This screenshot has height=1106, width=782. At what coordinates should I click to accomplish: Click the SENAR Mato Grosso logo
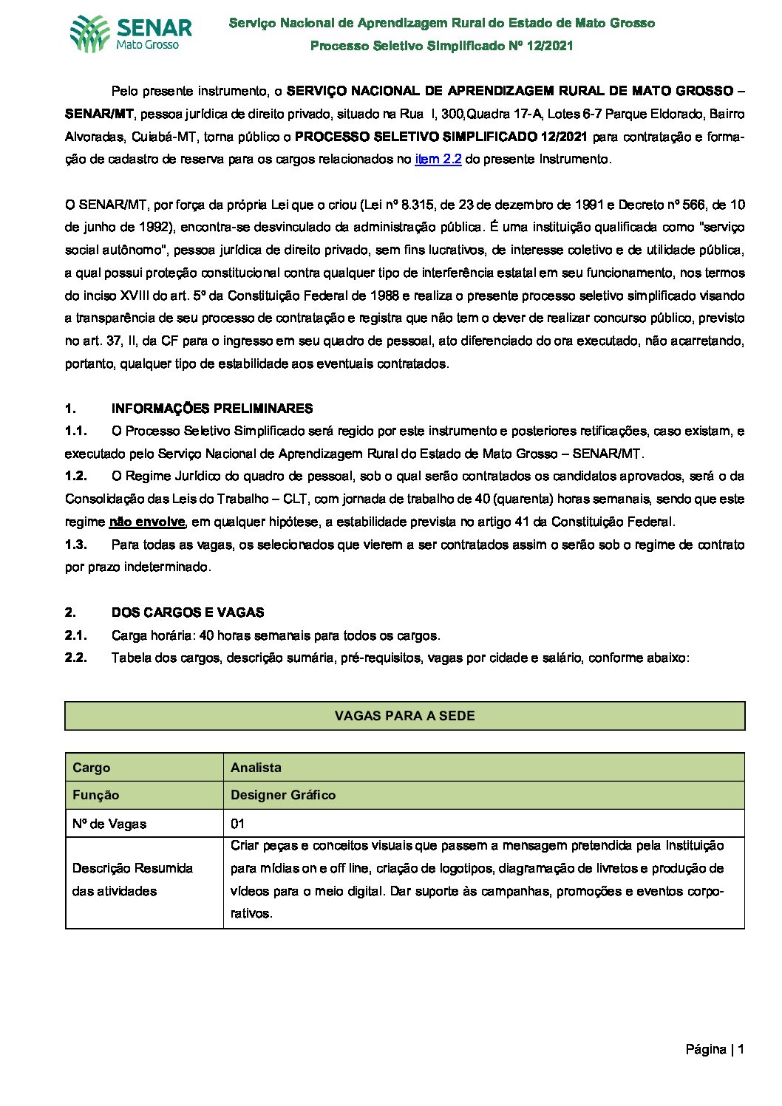click(x=131, y=34)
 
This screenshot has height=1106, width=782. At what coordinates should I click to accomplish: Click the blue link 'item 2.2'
click(x=438, y=159)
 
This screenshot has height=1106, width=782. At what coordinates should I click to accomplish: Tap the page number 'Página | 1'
click(x=714, y=1049)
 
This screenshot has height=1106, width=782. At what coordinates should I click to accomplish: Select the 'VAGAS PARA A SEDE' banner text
click(x=404, y=715)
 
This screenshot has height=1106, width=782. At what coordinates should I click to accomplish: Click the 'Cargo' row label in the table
click(x=92, y=768)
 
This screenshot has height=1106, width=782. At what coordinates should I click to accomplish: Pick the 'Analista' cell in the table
click(x=256, y=768)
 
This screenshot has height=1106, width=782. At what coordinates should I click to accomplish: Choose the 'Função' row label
click(x=95, y=795)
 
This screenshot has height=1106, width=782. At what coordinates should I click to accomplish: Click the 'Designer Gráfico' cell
click(x=283, y=795)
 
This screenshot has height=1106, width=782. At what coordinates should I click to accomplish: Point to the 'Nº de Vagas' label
click(x=109, y=824)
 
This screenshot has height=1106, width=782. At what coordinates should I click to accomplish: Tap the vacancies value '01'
click(x=237, y=824)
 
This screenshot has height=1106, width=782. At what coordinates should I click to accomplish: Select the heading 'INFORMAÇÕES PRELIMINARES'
click(x=212, y=409)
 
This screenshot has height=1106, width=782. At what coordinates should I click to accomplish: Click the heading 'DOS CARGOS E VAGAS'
click(x=188, y=612)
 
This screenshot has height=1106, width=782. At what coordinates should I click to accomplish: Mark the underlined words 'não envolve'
click(x=147, y=522)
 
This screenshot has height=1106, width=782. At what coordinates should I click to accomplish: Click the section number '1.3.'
click(x=76, y=545)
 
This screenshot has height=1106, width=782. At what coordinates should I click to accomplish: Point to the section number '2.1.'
click(x=76, y=635)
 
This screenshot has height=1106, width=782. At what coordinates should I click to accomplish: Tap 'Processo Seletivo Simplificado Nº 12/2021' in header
click(x=441, y=46)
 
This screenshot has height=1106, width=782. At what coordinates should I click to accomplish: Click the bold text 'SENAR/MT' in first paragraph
click(x=99, y=115)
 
